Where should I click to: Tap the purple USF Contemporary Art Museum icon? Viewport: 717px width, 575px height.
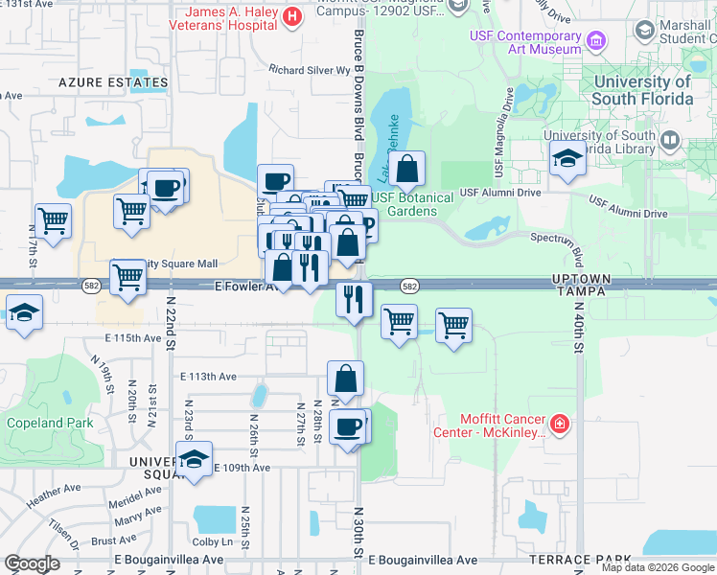click(597, 40)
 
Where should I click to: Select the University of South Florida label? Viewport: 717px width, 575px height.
click(641, 90)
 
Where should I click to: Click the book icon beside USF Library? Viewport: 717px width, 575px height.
click(670, 141)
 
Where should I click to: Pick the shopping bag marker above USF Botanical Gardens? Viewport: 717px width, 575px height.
click(407, 170)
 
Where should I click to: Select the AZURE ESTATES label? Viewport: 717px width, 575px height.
click(113, 83)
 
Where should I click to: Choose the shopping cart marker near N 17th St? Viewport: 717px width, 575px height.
click(53, 220)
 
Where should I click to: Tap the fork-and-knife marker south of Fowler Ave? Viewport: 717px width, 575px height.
click(354, 299)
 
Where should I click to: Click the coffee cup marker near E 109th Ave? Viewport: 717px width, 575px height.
click(348, 425)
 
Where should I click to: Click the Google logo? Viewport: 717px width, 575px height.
click(32, 563)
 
